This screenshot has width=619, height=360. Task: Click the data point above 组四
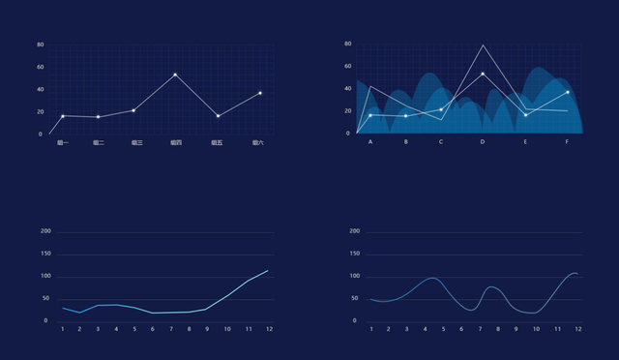tap(175, 75)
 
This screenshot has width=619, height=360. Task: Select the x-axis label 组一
tap(63, 142)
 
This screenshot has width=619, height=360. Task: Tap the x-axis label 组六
tap(257, 142)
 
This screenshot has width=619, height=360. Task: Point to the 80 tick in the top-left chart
tap(40, 45)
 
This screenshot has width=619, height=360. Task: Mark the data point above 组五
tap(219, 116)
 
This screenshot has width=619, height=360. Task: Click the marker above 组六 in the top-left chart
tap(260, 93)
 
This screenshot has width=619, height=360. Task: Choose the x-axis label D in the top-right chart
tap(483, 142)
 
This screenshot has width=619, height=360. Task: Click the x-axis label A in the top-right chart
tap(370, 142)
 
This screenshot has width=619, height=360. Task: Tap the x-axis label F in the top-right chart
tap(568, 142)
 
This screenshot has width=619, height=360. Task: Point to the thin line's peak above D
tap(483, 45)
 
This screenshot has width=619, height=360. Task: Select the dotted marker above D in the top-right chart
tap(483, 75)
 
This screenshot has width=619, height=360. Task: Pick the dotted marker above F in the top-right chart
tap(568, 92)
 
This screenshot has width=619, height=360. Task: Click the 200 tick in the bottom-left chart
tap(45, 231)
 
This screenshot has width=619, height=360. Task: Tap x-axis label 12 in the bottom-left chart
tap(268, 329)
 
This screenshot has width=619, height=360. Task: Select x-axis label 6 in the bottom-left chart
tap(152, 329)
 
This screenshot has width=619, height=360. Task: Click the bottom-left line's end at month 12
tap(268, 270)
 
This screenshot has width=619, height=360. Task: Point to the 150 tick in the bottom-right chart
tap(354, 254)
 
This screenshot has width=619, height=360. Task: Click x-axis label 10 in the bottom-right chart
tap(536, 329)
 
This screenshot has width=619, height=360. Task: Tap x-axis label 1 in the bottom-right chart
tap(370, 329)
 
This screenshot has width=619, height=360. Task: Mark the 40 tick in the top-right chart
tap(347, 89)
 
